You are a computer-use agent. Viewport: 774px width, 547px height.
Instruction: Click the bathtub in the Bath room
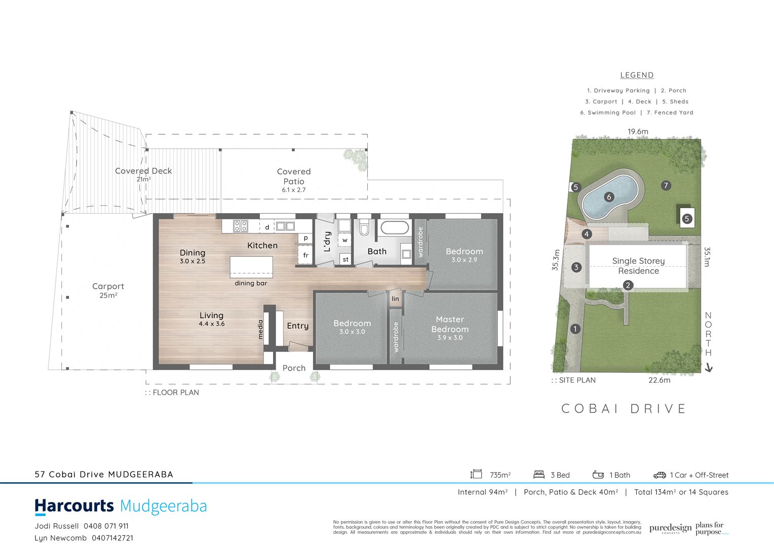tap(394, 228)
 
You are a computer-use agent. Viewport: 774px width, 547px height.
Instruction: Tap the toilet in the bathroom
tap(364, 229)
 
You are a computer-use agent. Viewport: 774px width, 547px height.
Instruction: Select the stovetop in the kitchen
tap(241, 226)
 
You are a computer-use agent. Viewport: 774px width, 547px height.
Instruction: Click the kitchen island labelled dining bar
tap(251, 266)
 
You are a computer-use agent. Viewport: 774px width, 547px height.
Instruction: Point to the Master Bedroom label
tap(450, 324)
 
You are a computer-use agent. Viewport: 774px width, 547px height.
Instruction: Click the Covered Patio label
tap(294, 176)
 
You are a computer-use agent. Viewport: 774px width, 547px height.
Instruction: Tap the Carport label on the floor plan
tap(108, 286)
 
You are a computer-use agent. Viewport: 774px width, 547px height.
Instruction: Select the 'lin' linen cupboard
tap(395, 299)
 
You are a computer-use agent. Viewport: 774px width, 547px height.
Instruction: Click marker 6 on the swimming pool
tap(609, 197)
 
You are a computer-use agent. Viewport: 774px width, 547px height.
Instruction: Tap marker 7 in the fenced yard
tap(666, 186)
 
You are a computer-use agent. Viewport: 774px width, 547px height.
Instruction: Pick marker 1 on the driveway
tap(575, 329)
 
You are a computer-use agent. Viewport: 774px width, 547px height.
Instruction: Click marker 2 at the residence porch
tap(628, 285)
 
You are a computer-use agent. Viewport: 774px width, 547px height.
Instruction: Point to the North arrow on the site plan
tap(709, 368)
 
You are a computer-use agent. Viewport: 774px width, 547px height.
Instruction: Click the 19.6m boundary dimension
tap(638, 132)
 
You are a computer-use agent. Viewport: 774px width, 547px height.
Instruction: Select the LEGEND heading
tap(637, 75)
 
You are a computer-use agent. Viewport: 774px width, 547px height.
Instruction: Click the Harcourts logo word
tap(74, 506)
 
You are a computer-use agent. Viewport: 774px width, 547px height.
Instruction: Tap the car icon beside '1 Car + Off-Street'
tap(660, 475)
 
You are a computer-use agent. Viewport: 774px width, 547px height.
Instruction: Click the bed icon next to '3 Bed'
tap(539, 475)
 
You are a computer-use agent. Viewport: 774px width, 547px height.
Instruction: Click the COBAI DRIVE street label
tap(624, 409)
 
